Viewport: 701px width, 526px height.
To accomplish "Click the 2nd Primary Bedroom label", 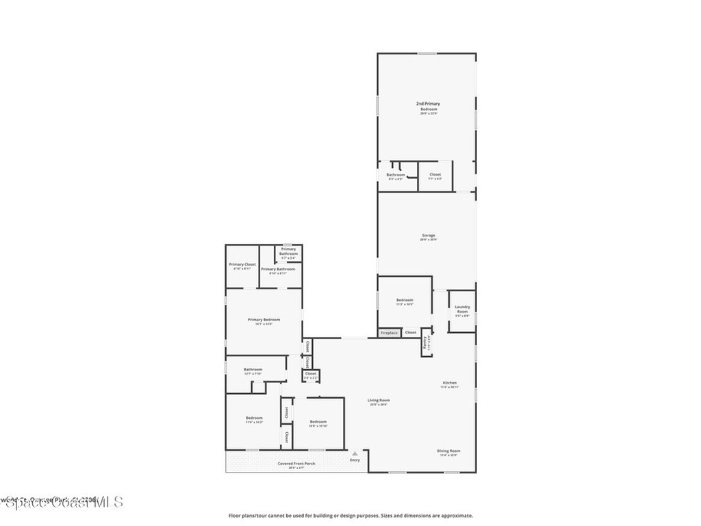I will (428, 106).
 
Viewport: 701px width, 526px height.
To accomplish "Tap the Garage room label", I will (429, 236).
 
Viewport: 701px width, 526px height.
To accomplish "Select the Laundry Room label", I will (462, 309).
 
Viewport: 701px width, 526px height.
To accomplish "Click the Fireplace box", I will (390, 333).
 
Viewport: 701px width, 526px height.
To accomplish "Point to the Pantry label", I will (426, 342).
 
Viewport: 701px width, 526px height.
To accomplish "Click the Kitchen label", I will (450, 383).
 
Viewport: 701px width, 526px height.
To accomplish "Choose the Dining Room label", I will (449, 451).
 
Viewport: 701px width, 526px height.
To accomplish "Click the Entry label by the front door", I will (355, 460).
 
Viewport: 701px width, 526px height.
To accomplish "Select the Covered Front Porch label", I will (296, 464).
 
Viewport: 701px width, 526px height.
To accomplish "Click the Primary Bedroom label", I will (264, 320).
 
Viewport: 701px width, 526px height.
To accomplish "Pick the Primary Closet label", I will (242, 264).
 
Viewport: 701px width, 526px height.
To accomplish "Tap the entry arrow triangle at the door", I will (355, 453).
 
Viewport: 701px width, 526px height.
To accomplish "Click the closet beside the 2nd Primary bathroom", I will (435, 175).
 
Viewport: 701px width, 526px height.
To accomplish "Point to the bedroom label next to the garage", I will (405, 300).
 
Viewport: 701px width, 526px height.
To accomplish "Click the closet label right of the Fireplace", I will (411, 333).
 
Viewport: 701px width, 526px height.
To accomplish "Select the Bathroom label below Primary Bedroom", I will (253, 370).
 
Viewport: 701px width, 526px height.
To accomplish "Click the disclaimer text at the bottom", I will (350, 516).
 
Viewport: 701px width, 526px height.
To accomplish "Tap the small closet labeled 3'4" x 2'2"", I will (311, 374).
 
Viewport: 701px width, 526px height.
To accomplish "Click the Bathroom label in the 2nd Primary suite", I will (396, 175).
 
